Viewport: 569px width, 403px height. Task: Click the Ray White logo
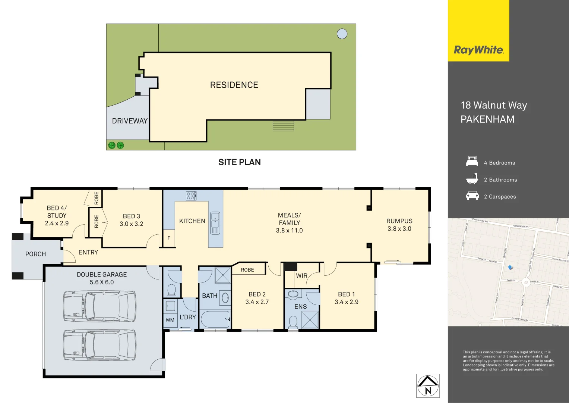[478, 50]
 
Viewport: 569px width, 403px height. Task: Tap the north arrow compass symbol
[428, 386]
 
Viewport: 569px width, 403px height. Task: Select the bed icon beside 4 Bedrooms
[472, 162]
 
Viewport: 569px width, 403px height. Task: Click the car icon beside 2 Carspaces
[472, 196]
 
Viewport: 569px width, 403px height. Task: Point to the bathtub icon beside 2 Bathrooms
[472, 179]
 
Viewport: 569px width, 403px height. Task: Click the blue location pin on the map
[510, 267]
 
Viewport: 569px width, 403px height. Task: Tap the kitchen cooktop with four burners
[191, 196]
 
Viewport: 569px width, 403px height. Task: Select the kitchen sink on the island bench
[215, 223]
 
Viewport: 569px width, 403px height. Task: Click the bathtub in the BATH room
[215, 319]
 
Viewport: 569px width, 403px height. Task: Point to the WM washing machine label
[170, 320]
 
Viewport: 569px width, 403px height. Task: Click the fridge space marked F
[169, 238]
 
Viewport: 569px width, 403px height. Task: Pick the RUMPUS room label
[399, 221]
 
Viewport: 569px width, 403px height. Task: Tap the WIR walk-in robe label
[301, 276]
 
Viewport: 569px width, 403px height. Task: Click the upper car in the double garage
[99, 306]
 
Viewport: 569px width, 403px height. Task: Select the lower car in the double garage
[99, 345]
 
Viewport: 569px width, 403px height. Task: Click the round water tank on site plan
[342, 34]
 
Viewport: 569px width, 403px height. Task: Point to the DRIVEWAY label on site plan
[130, 121]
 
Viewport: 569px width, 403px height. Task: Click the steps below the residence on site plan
[283, 126]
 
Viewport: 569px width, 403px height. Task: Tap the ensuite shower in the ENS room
[310, 319]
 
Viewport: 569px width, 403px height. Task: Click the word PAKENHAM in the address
[487, 119]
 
